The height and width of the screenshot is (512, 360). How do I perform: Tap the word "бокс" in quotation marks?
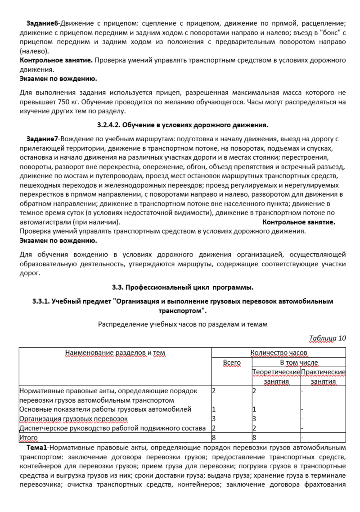click(x=318, y=34)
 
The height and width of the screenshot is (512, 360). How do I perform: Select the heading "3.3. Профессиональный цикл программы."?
click(x=182, y=287)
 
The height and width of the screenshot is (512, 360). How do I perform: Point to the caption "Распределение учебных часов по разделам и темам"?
click(x=182, y=323)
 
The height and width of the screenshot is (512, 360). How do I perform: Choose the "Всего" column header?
click(x=232, y=362)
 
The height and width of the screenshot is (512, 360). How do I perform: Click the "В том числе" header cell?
click(x=299, y=362)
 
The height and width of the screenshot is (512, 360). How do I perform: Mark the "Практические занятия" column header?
click(x=323, y=377)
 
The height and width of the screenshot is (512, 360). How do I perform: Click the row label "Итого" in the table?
click(x=29, y=437)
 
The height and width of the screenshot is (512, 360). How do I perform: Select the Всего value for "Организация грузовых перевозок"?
click(x=214, y=418)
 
